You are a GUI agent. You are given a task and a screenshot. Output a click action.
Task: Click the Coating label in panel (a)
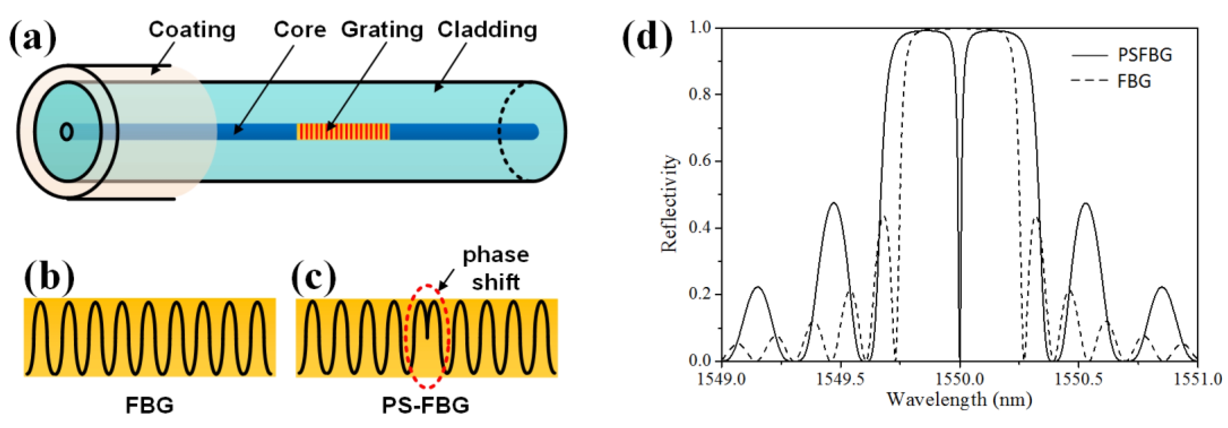coord(192,30)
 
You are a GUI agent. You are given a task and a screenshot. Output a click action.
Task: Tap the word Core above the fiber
coord(299,30)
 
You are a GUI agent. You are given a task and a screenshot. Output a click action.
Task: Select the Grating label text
coord(382,30)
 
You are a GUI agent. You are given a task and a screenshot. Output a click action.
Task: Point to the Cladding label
coord(487,30)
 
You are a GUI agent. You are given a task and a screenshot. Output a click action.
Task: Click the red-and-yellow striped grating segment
coord(343,131)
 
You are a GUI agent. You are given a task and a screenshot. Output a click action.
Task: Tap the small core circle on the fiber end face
coord(67,132)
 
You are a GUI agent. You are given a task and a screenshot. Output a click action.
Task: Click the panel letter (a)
coord(32,38)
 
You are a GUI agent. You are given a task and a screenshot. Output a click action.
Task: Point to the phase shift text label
coord(496,269)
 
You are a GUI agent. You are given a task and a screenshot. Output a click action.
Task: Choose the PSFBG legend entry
coord(1144,55)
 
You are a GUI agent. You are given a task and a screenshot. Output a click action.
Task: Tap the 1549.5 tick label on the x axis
coord(840,379)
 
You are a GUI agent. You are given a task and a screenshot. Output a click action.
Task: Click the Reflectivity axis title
coord(669,203)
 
